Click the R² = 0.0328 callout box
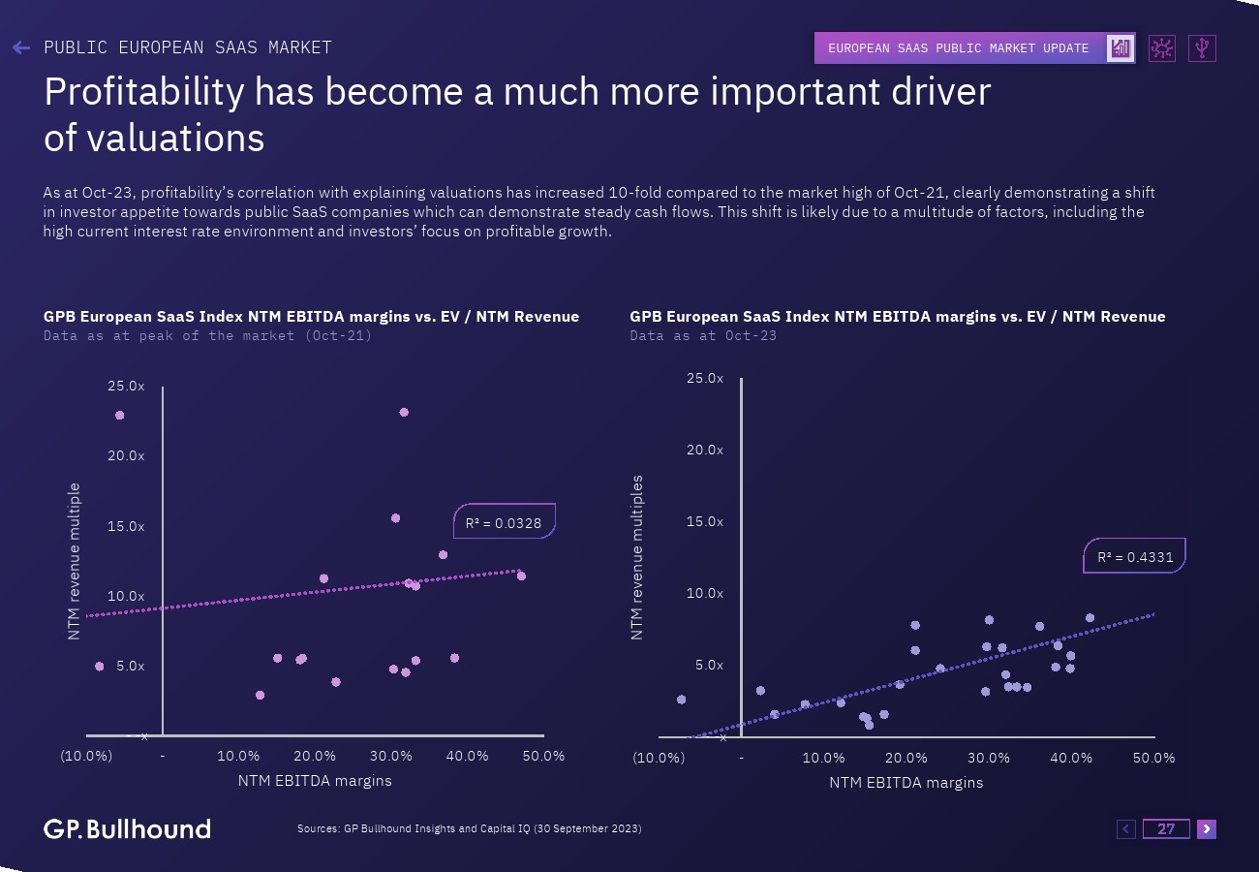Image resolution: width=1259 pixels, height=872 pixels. pos(504,522)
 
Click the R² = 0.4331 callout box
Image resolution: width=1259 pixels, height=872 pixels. pos(1134,556)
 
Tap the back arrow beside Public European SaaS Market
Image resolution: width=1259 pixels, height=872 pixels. pos(21,47)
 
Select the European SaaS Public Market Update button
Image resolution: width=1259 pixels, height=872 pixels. pos(959,48)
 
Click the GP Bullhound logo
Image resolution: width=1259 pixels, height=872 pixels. pos(127,828)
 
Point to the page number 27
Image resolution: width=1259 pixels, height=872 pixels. pos(1166,828)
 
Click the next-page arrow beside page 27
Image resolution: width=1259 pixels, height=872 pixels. pos(1206,828)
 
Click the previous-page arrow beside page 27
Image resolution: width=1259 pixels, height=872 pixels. pos(1126,828)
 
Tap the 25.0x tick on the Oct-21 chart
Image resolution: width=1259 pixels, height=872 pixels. pos(126,386)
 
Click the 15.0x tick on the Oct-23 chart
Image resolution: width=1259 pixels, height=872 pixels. pos(705,521)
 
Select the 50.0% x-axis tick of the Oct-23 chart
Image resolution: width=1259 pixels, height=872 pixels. pos(1154,758)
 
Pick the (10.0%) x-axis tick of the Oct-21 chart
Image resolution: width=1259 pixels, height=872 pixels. pos(86,756)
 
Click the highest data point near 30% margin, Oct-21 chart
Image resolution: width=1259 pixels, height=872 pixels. pos(404,413)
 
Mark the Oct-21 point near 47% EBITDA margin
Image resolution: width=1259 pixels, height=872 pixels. pos(521,576)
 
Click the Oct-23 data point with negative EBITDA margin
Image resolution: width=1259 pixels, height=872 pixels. pos(681,700)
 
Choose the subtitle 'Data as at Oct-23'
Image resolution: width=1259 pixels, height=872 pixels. pos(703,335)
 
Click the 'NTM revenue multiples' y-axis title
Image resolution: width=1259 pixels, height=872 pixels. pos(636,557)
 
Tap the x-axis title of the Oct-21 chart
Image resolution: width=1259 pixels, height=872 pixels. pos(315,780)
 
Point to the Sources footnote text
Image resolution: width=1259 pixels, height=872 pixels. pos(469,828)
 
